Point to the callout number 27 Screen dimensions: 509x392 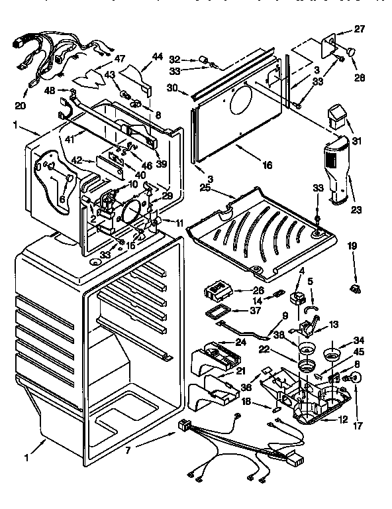359,28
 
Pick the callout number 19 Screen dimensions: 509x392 352,245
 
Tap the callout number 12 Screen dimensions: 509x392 343,420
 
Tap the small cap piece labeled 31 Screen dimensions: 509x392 339,117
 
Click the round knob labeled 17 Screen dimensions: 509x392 355,378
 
